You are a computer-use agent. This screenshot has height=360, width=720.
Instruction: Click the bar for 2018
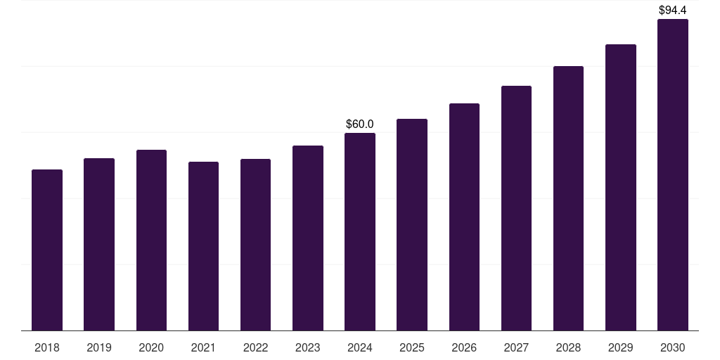click(47, 250)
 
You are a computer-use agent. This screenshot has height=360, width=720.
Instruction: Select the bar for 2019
click(99, 244)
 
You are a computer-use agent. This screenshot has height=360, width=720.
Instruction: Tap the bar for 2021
click(203, 246)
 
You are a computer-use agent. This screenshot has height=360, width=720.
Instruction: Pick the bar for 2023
click(308, 238)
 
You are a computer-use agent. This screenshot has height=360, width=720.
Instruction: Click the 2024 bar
click(360, 231)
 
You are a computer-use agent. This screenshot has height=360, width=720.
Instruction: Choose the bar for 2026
click(464, 217)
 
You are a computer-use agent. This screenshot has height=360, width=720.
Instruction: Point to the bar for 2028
click(568, 198)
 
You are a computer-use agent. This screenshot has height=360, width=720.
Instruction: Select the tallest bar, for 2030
click(673, 174)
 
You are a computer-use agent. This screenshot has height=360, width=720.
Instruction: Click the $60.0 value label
click(360, 124)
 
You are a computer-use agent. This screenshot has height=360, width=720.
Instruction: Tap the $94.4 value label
click(673, 11)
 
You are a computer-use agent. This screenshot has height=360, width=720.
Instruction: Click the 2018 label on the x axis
click(47, 348)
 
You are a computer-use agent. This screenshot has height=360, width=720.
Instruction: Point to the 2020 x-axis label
click(151, 348)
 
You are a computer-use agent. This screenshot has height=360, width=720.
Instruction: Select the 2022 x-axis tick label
click(255, 348)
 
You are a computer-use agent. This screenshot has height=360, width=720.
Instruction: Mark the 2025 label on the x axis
click(412, 348)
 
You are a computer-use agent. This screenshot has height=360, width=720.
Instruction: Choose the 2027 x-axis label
click(516, 348)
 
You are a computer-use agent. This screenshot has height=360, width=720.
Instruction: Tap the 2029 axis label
click(620, 348)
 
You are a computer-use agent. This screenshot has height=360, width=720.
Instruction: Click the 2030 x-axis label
click(673, 348)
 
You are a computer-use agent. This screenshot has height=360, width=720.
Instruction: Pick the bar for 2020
click(151, 240)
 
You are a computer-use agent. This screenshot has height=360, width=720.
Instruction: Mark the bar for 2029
click(620, 187)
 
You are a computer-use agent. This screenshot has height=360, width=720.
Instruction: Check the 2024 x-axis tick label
click(360, 348)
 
